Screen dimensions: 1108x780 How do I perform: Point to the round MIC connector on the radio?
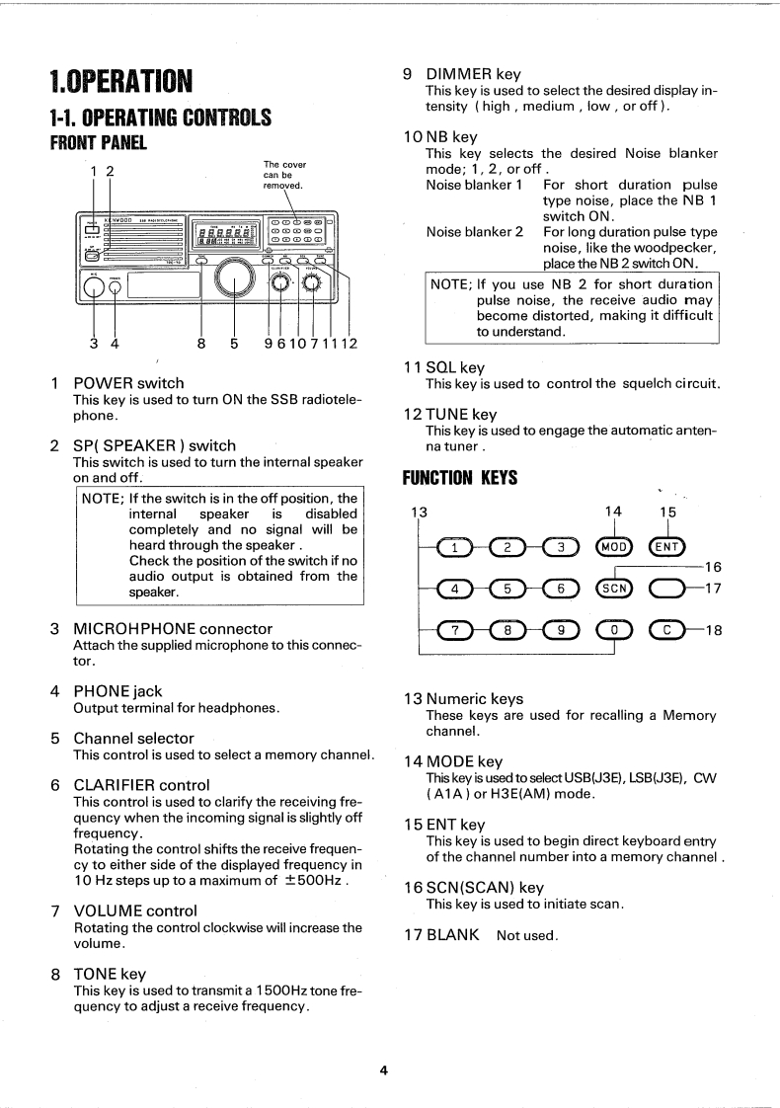point(95,286)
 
